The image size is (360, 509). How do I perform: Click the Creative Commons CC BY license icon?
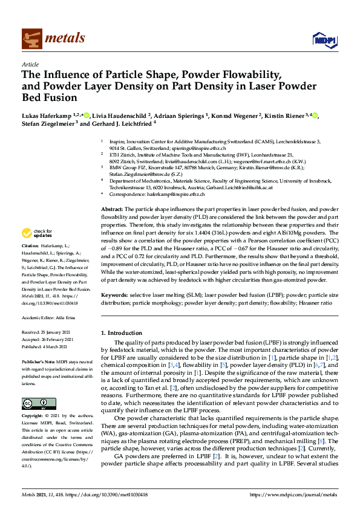(34, 403)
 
